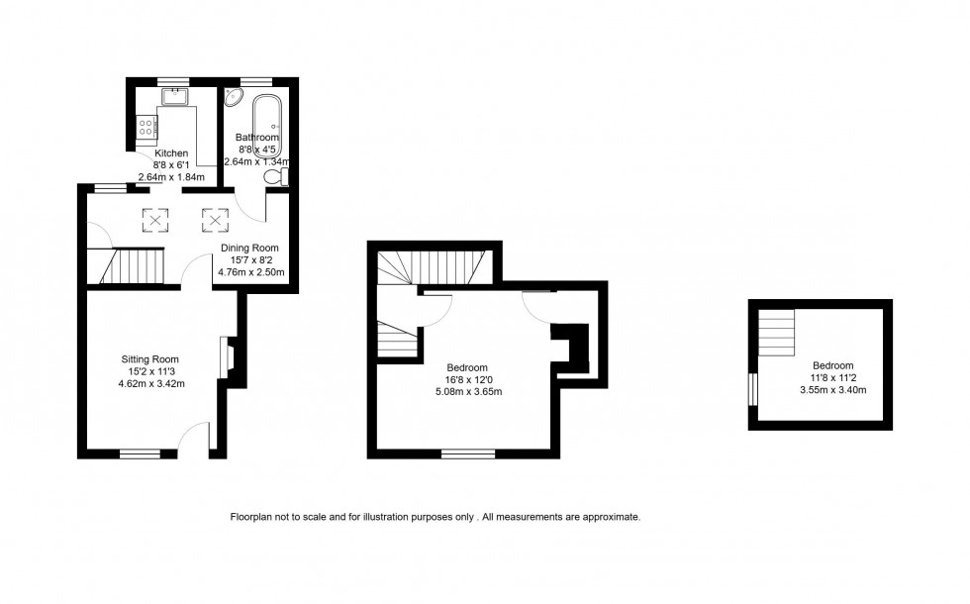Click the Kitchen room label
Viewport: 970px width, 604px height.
(170, 153)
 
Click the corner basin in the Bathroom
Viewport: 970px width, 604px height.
(234, 96)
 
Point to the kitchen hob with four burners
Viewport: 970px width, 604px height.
(146, 126)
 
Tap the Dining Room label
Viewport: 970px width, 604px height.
(249, 249)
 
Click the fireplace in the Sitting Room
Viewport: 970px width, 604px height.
(227, 359)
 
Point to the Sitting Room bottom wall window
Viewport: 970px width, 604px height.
(140, 454)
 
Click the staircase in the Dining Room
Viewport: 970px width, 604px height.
(133, 266)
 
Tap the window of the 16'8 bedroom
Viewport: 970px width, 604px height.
(468, 454)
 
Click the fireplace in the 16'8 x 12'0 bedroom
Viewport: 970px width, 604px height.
(568, 346)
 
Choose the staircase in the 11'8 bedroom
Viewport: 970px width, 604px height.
(777, 331)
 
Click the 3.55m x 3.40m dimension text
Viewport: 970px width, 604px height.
(832, 389)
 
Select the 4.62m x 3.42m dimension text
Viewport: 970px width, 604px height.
(152, 383)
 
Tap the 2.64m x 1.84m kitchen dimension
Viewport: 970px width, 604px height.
(171, 177)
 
